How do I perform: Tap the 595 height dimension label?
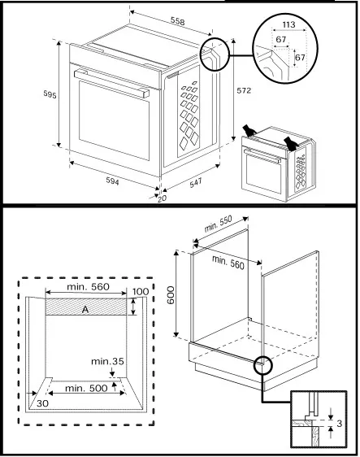pos(50,95)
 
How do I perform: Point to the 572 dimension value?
pos(244,91)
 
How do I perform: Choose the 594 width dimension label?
pos(112,181)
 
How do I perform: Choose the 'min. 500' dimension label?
pos(87,389)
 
